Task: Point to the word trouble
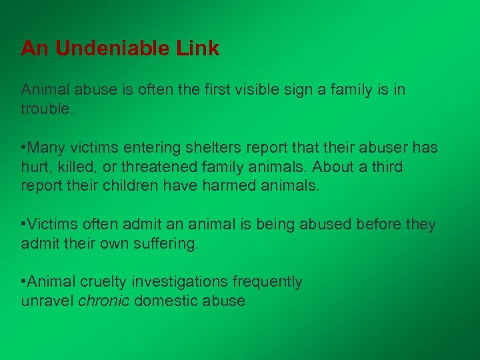click(x=45, y=108)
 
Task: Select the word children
click(x=129, y=185)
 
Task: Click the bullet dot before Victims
click(x=24, y=225)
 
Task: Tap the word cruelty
click(x=103, y=282)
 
